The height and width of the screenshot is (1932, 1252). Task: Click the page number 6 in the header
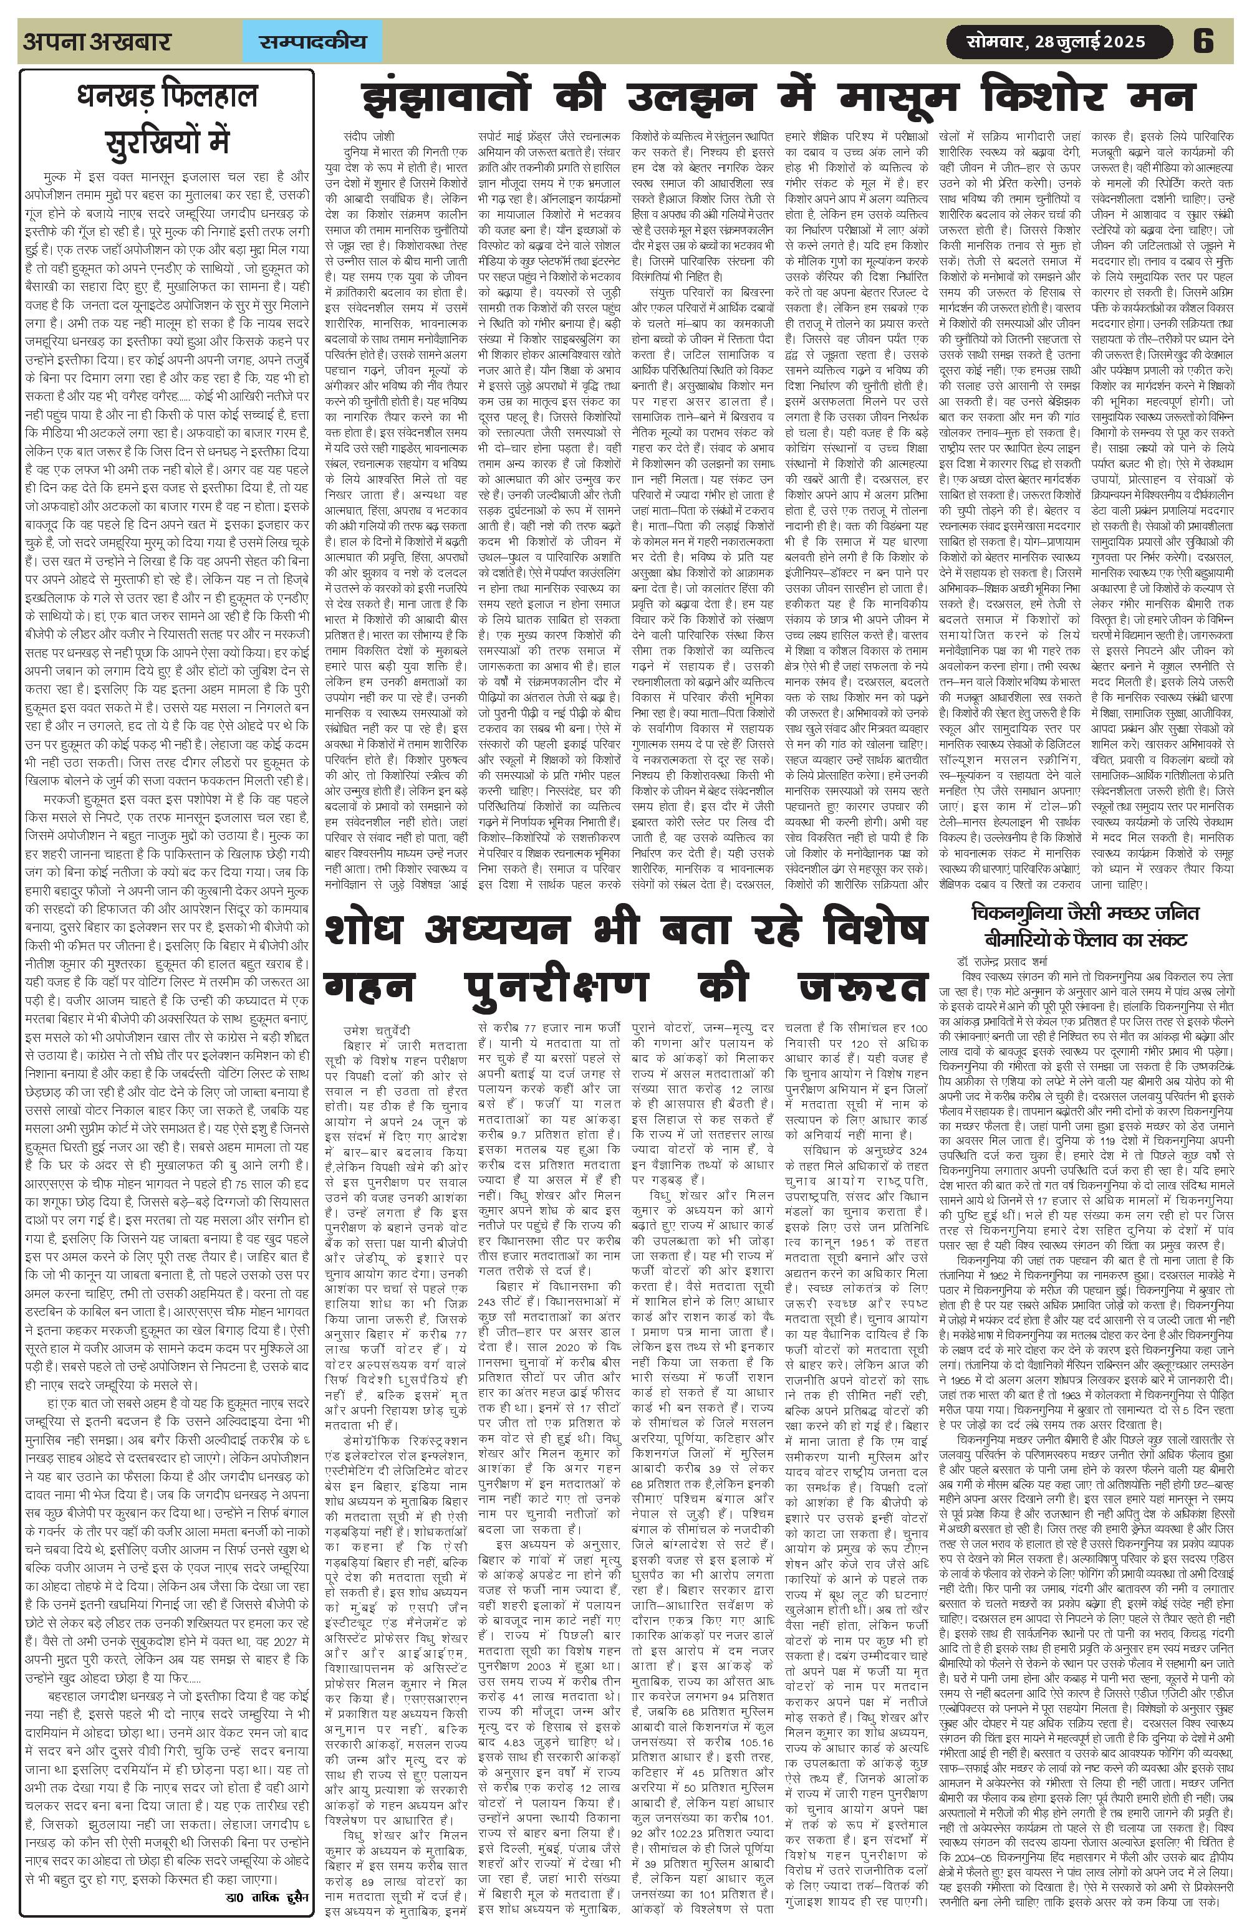1203,41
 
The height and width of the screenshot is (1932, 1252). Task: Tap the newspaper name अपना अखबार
97,41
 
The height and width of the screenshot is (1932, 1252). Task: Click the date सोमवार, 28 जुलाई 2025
1056,41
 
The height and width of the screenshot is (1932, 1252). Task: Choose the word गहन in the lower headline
368,988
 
